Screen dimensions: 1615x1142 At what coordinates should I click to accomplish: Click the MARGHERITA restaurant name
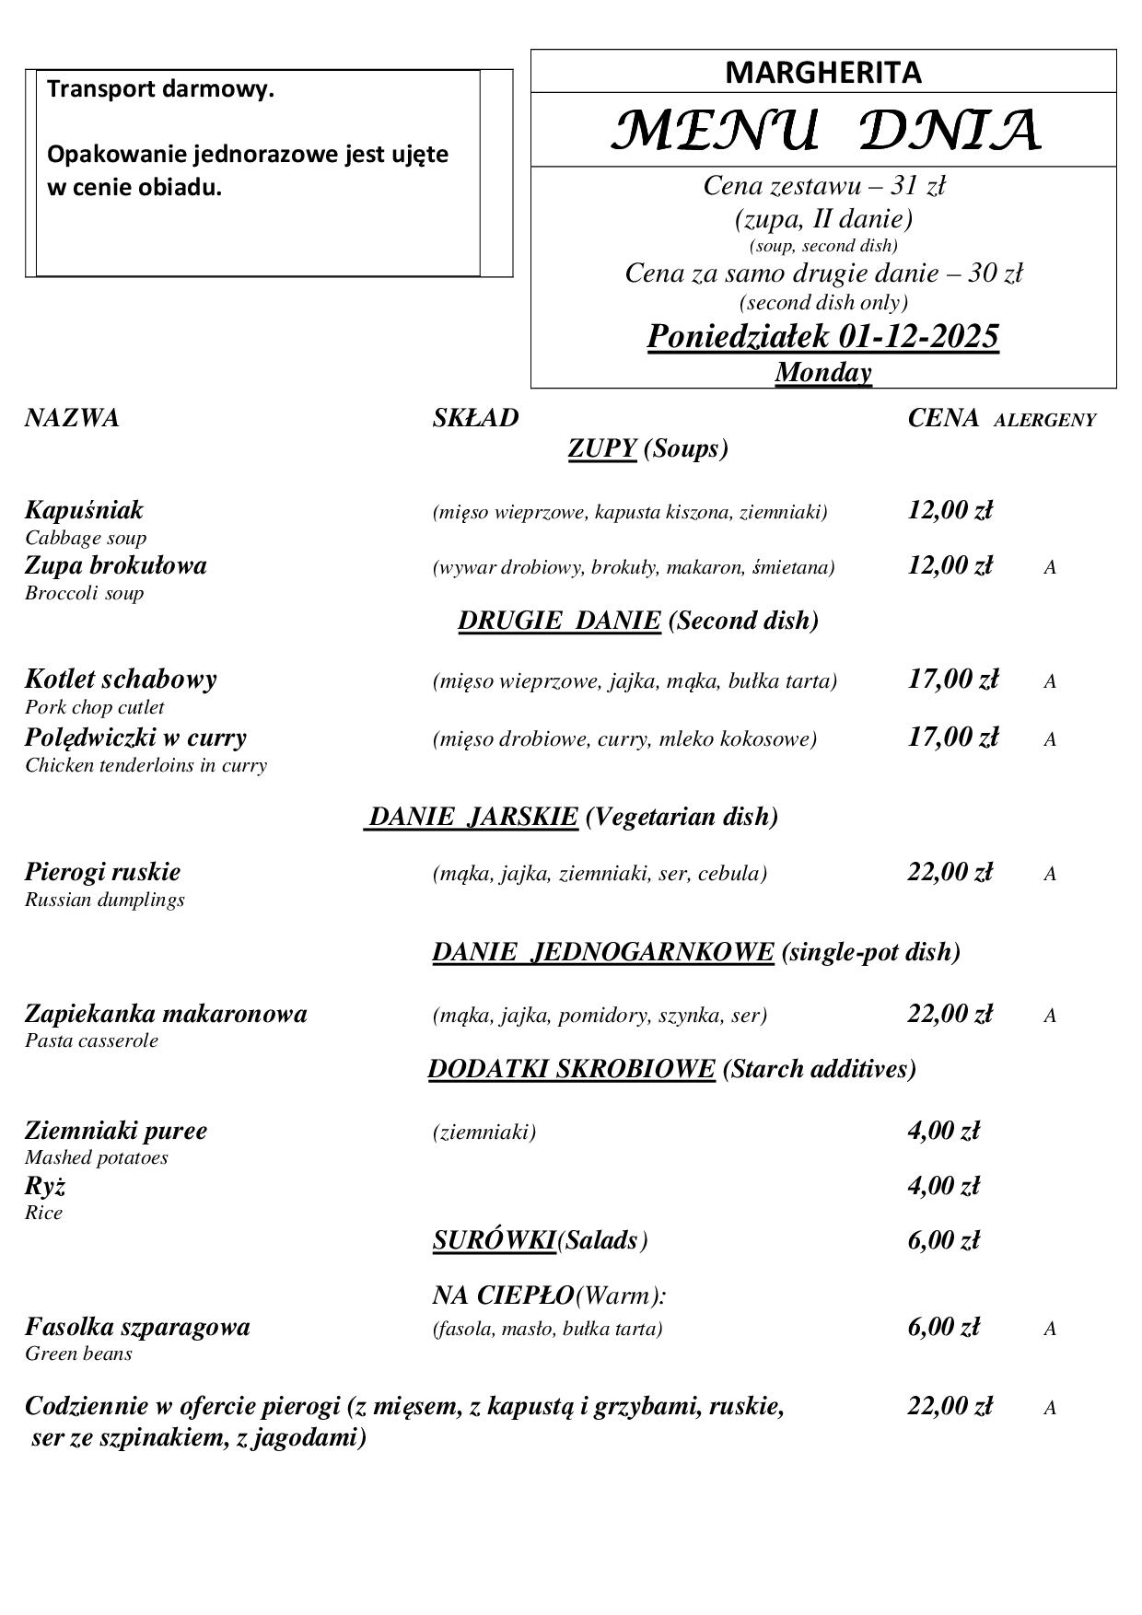click(822, 73)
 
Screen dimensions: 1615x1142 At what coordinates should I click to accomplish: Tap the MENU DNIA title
click(824, 131)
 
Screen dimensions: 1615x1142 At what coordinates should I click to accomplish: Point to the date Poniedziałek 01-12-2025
click(822, 337)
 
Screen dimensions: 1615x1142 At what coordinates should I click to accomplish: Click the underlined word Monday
click(822, 372)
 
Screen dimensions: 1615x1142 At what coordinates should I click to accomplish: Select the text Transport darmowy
click(160, 90)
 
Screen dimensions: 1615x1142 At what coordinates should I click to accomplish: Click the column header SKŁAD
click(475, 418)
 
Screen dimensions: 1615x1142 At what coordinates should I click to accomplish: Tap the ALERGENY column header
click(1044, 421)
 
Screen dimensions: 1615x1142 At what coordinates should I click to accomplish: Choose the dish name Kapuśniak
click(84, 510)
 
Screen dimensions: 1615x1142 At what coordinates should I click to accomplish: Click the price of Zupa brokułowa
click(950, 565)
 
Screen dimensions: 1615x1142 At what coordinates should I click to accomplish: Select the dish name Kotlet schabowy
click(121, 680)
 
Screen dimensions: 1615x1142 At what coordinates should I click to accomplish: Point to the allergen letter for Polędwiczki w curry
click(1049, 739)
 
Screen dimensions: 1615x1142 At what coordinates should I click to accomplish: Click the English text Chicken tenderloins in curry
click(146, 765)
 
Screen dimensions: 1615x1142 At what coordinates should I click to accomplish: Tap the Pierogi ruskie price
click(950, 872)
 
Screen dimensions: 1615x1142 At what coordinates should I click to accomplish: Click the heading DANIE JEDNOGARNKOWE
click(602, 952)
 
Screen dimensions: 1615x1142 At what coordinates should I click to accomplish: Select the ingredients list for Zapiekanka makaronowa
click(600, 1016)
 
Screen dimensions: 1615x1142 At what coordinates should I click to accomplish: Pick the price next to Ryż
click(943, 1186)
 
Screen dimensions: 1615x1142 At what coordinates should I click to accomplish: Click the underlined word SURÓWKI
click(494, 1241)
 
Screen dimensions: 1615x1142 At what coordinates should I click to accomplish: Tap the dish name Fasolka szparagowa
click(137, 1327)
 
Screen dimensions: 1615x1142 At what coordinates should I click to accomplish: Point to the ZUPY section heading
click(602, 448)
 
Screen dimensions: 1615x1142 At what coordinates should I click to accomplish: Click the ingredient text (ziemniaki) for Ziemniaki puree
click(484, 1132)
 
